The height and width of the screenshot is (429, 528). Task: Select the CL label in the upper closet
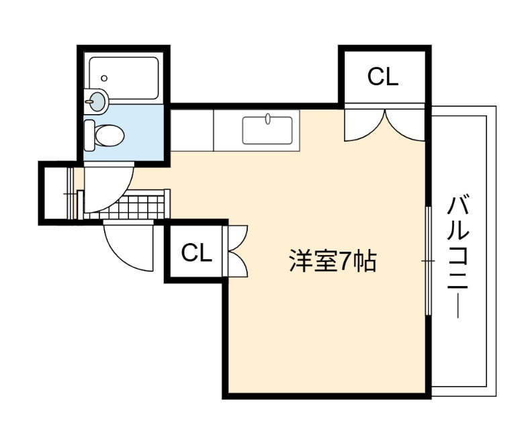(x=383, y=77)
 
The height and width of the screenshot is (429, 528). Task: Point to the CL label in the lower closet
(x=197, y=252)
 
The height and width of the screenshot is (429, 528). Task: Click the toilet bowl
(x=109, y=135)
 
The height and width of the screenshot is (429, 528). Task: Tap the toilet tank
(x=89, y=135)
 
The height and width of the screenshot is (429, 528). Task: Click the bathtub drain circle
(x=104, y=78)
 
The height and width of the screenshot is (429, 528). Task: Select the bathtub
(x=124, y=78)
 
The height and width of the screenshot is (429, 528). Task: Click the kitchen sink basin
(x=268, y=130)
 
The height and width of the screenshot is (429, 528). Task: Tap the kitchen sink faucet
(x=268, y=119)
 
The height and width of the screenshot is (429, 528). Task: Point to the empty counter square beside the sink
(x=192, y=130)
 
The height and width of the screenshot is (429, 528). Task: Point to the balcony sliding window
(x=428, y=260)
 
